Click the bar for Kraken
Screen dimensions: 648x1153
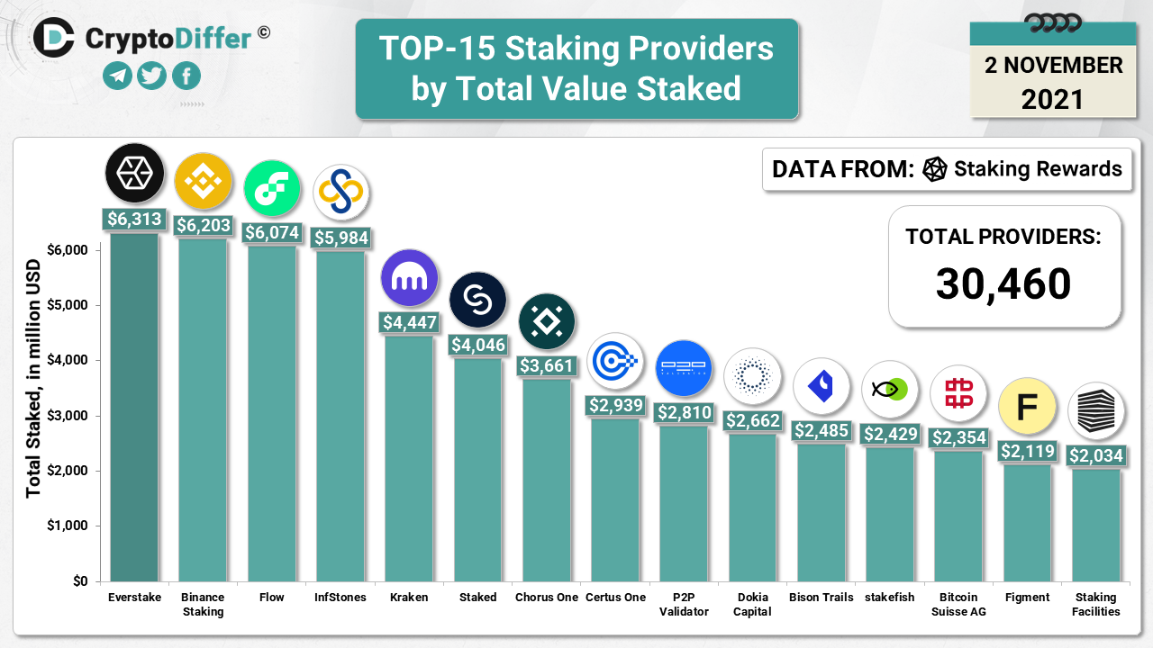point(409,459)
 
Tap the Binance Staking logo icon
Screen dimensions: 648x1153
point(203,182)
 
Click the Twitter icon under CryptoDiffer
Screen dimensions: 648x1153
point(152,76)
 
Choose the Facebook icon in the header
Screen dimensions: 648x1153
point(186,76)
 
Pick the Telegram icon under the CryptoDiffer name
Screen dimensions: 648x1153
point(118,76)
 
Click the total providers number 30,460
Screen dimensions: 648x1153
point(1003,284)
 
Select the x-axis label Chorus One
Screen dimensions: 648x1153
point(546,598)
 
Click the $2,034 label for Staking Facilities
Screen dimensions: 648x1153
point(1096,456)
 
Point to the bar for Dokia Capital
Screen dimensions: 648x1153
point(752,508)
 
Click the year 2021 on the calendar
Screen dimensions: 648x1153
point(1052,98)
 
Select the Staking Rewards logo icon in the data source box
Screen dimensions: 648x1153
point(935,169)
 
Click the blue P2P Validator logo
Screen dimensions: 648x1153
point(684,368)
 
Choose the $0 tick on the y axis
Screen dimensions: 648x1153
point(79,581)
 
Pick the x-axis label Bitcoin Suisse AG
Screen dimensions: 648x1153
point(958,604)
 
